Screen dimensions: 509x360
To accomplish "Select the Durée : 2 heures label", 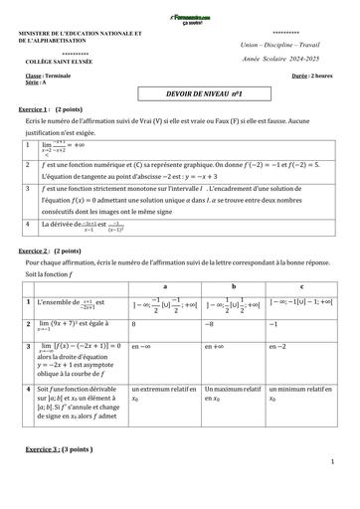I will [x=315, y=76].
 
